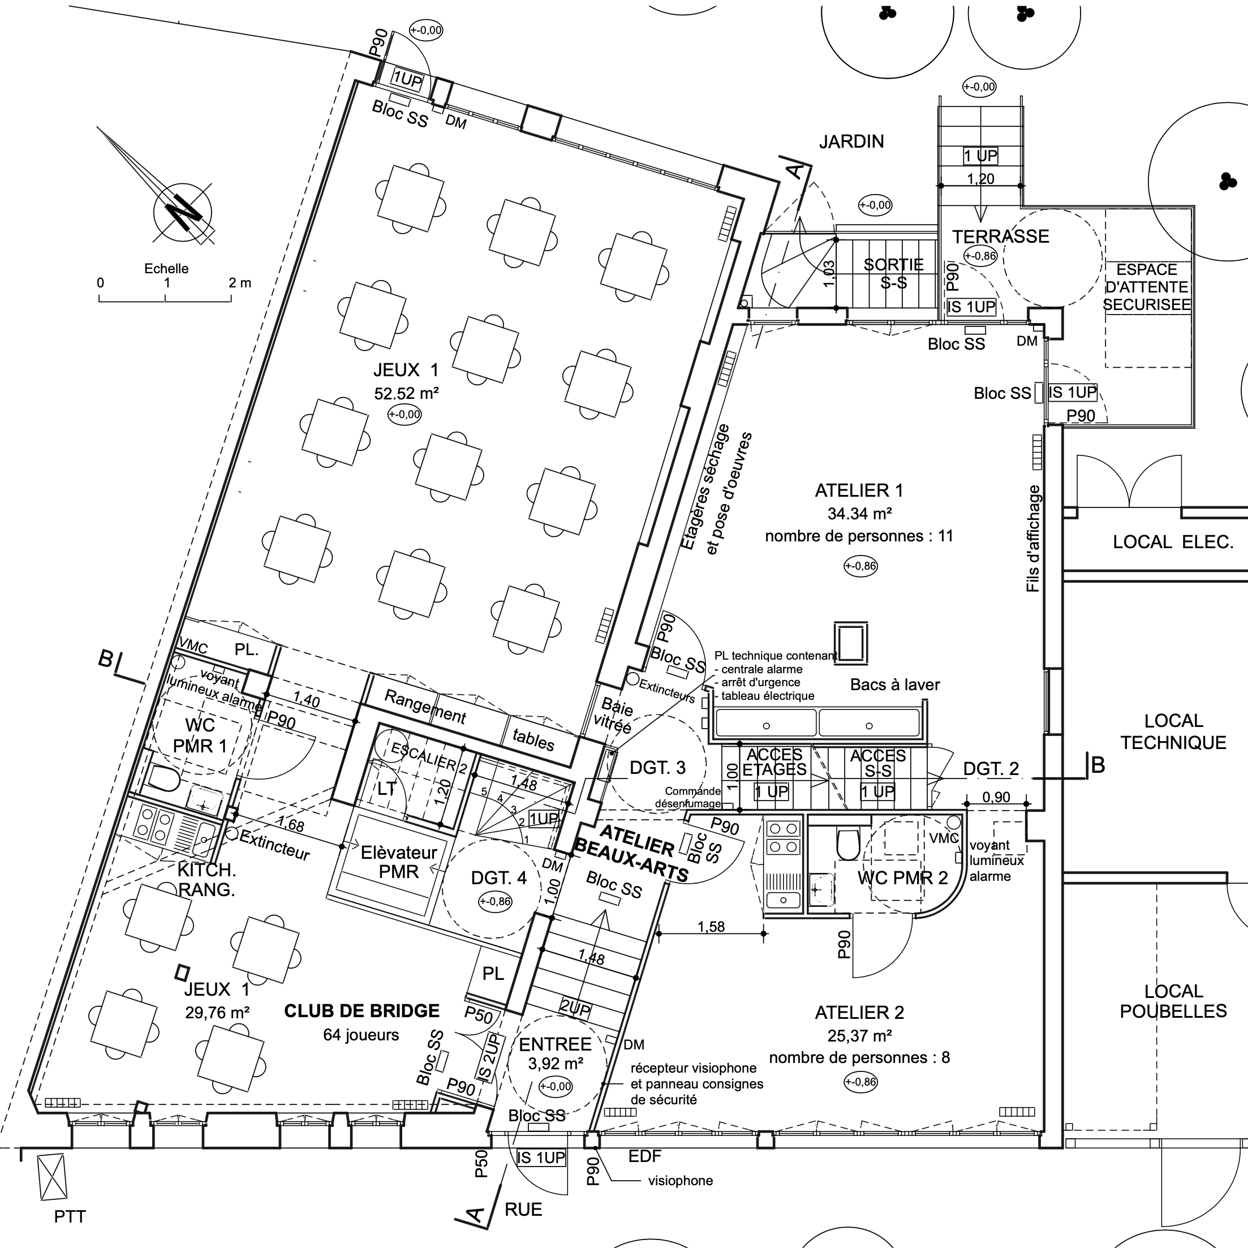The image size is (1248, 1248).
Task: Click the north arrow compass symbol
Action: (x=183, y=213)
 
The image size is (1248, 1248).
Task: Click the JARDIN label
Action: (x=851, y=141)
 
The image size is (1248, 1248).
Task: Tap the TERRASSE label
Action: (x=1000, y=236)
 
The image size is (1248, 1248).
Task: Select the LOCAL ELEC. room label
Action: (x=1172, y=542)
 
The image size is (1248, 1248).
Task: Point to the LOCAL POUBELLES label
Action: (x=1172, y=1001)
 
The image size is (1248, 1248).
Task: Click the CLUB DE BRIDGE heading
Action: (x=362, y=1011)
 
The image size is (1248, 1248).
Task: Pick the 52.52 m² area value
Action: (x=406, y=393)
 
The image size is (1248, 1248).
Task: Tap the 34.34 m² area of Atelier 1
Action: (x=859, y=514)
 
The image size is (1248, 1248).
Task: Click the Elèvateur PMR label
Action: (x=399, y=862)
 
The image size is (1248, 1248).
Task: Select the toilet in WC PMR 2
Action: (x=847, y=844)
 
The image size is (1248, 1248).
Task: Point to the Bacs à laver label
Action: (x=894, y=685)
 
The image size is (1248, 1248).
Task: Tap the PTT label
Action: (x=70, y=1217)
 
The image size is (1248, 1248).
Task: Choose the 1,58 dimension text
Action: (x=711, y=927)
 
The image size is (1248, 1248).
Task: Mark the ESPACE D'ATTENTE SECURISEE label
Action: (x=1147, y=287)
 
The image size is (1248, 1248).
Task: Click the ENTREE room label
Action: (x=555, y=1044)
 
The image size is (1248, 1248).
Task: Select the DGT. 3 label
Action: (x=657, y=767)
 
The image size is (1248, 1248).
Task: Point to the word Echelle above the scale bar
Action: (x=166, y=269)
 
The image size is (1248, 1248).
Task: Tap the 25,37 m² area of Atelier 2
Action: (x=859, y=1036)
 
